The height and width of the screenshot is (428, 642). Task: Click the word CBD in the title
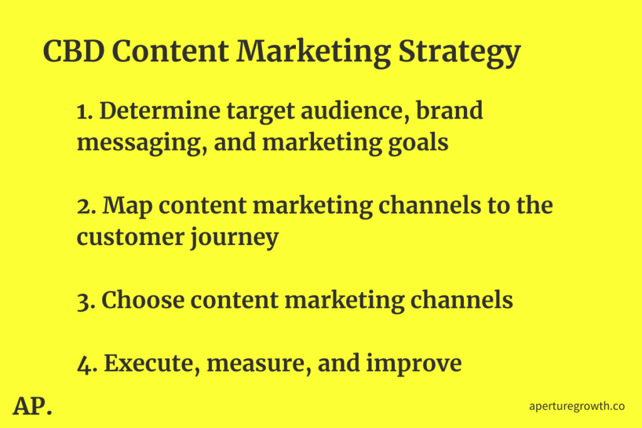click(74, 51)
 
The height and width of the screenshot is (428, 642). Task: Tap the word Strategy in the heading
click(460, 53)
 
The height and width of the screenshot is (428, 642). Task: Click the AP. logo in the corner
click(33, 406)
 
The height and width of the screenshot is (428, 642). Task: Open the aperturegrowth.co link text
click(577, 406)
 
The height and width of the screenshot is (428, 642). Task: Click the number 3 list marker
click(86, 301)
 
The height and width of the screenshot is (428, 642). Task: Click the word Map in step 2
click(127, 207)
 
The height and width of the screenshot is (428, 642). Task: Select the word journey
click(234, 239)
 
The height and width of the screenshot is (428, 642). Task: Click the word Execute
click(152, 363)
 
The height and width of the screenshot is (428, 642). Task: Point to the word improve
click(414, 364)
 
